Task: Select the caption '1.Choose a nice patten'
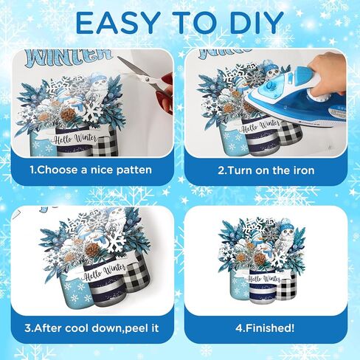coord(90,170)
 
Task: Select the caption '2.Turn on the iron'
coord(266,170)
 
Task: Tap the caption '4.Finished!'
coord(266,328)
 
